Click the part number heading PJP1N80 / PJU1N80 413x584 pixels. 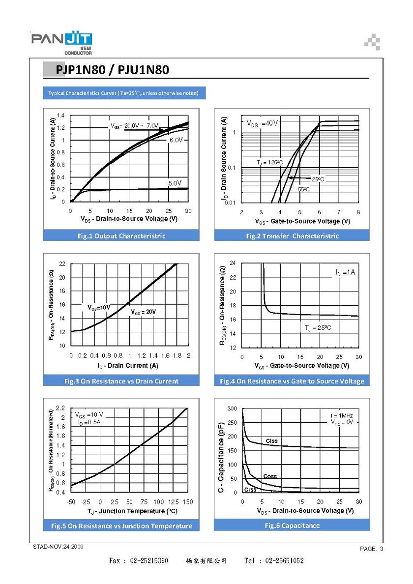coord(112,70)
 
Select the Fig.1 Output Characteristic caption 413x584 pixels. coord(121,236)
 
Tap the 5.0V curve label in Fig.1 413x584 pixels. coord(175,183)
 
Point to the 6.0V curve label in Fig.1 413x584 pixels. coord(176,140)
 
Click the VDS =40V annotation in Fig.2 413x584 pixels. coord(262,123)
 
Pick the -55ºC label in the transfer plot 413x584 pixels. coord(303,189)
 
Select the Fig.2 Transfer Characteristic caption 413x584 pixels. coord(293,236)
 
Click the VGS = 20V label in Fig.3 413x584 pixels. coord(144,312)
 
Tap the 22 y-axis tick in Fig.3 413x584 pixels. coord(62,263)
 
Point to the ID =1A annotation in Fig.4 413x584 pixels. coord(345,273)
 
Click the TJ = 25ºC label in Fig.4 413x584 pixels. coord(318,328)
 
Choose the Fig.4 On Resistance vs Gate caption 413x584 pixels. coord(292,381)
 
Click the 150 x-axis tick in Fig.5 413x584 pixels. coord(188,502)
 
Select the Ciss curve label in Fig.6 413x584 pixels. coord(271,440)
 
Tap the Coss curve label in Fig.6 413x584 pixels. coord(270,476)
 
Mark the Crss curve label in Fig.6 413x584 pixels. coord(250,490)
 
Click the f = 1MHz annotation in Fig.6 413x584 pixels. coord(342,416)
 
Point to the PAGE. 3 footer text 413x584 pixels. coord(371,549)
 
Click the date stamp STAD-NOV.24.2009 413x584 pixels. coord(58,546)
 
